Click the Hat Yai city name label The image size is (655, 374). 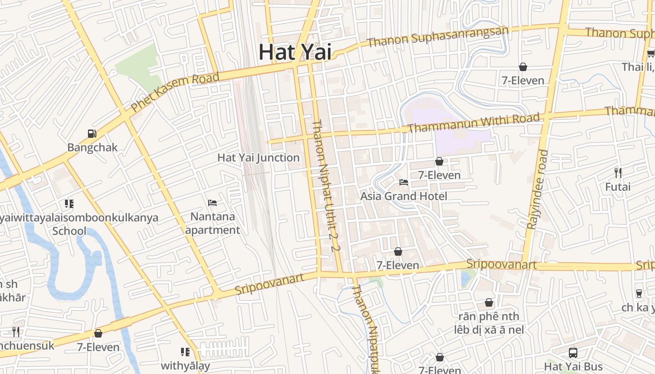295,51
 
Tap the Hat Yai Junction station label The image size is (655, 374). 258,158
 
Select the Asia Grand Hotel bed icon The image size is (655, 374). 403,182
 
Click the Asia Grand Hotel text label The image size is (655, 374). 403,196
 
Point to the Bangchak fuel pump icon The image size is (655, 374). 92,134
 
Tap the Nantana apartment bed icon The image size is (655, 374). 212,203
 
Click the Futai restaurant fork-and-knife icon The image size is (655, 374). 618,173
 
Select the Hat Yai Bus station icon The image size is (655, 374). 573,352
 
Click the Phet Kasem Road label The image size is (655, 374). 175,92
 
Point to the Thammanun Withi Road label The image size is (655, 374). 473,122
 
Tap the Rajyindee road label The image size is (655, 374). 537,189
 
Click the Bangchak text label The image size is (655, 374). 92,147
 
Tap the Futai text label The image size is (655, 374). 618,187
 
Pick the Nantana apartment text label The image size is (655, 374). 212,223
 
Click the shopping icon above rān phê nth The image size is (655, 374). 489,303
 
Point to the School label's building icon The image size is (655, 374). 69,204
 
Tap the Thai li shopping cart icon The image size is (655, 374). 650,53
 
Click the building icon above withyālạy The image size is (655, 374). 185,352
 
